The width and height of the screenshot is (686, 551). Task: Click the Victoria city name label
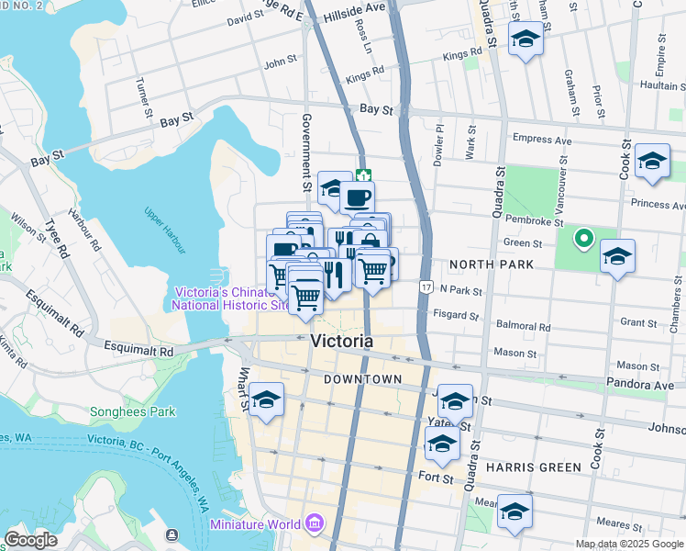342,341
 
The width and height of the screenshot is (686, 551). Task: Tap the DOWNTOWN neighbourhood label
362,379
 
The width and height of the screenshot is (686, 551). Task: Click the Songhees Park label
132,412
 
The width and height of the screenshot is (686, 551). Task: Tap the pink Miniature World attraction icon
315,524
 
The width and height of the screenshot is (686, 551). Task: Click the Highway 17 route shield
426,287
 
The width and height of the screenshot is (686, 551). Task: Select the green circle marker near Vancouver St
581,242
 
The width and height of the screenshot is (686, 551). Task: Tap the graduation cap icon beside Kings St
526,39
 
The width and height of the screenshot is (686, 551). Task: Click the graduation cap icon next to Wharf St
266,399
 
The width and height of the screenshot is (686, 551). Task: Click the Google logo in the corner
31,540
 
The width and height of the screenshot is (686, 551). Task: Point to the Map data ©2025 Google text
628,544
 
